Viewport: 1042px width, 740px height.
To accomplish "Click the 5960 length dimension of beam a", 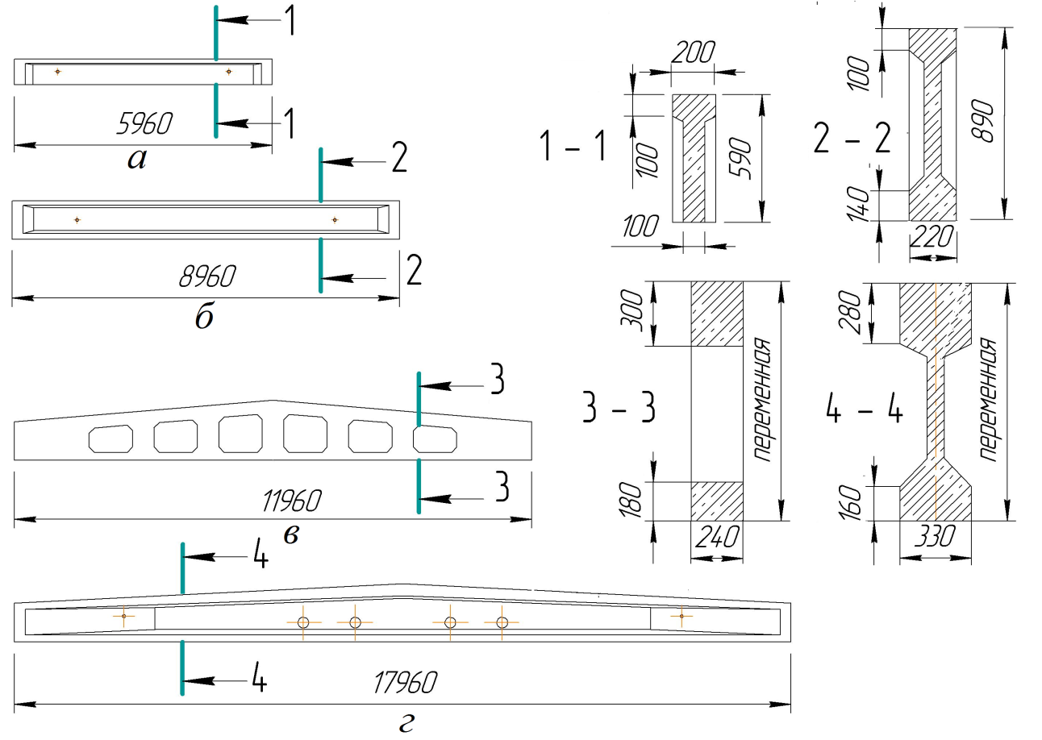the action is (144, 123).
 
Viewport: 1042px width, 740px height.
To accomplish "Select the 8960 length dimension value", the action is (207, 276).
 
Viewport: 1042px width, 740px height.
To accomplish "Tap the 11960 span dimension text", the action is (292, 501).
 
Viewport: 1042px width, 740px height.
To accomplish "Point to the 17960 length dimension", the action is (405, 682).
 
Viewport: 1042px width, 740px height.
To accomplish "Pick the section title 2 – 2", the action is (852, 138).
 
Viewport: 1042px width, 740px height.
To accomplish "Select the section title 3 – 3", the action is (619, 407).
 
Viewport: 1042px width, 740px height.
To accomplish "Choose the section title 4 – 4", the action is (865, 411).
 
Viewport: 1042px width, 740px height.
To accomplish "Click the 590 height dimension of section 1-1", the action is (740, 158).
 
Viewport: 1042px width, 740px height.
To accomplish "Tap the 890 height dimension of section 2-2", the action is (982, 121).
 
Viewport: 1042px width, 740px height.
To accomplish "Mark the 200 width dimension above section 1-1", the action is (693, 52).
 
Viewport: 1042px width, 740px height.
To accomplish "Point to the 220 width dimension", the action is (932, 237).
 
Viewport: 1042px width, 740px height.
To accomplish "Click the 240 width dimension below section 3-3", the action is (716, 537).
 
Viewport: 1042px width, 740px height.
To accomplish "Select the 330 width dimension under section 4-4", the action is (935, 536).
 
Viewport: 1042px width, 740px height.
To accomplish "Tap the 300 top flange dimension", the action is (632, 310).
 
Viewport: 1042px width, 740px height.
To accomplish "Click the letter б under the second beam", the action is (204, 318).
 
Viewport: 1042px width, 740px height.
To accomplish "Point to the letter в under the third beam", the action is (291, 535).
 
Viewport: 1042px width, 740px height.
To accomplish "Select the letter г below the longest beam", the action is (406, 723).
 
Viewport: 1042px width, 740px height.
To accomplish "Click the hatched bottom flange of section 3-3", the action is (717, 501).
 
